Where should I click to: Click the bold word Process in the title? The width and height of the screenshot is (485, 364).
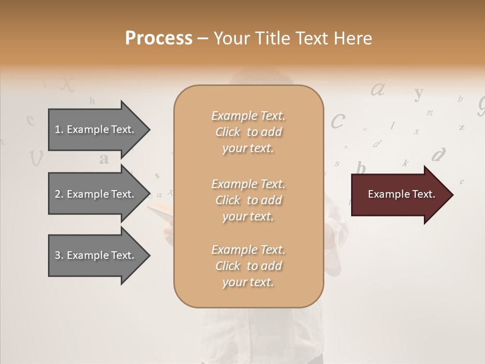tap(159, 38)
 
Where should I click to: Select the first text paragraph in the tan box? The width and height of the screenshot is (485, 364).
tap(248, 132)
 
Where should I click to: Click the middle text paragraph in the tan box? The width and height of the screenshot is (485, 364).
tap(248, 200)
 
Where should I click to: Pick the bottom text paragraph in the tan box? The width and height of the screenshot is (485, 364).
tap(248, 266)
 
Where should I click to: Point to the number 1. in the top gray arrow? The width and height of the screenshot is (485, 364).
tap(59, 129)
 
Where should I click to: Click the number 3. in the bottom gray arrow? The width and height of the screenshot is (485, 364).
tap(59, 255)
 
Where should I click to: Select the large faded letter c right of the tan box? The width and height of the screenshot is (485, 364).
tap(337, 121)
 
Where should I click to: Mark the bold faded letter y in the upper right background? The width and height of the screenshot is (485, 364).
tap(418, 93)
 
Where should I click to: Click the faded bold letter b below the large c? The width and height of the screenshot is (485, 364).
tap(361, 167)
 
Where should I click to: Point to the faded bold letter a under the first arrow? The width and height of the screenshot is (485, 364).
tap(104, 159)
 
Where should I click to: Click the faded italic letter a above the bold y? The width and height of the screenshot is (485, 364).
tap(378, 89)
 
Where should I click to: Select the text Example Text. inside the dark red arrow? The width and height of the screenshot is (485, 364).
tap(401, 194)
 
